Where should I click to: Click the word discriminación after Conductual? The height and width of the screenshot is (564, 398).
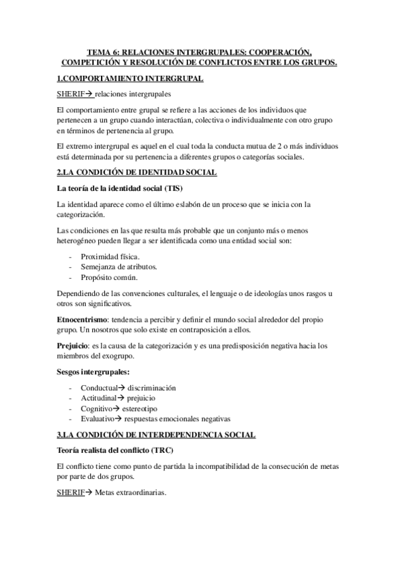point(156,388)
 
